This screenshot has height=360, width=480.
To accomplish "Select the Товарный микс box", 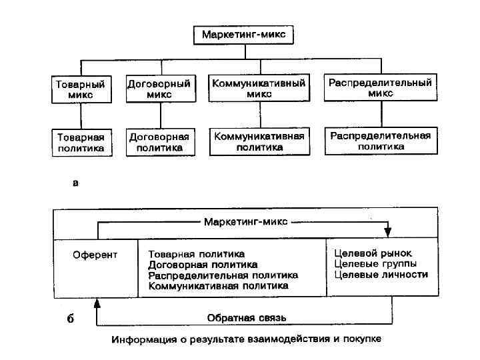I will tap(80, 90).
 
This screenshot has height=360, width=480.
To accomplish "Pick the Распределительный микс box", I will tap(379, 88).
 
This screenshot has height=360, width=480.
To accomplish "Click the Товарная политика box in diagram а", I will tap(80, 143).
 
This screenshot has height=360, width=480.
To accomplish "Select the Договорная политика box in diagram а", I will tap(159, 142).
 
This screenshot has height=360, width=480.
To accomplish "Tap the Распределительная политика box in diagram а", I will tap(380, 140).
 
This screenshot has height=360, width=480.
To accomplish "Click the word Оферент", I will tap(95, 254).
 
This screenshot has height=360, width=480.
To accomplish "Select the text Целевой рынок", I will tap(373, 253).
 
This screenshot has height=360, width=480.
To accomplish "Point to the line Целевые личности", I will tap(380, 275).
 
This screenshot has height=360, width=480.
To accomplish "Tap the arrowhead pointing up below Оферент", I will tap(97, 303).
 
